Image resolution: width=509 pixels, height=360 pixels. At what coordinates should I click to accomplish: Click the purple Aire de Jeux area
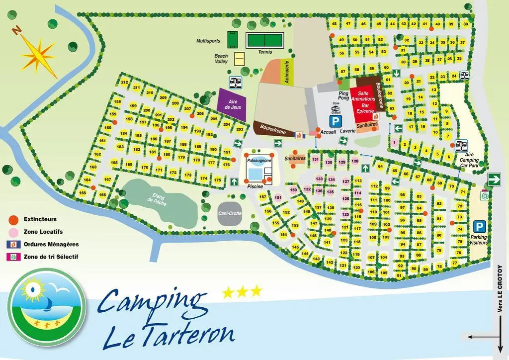click(233, 104)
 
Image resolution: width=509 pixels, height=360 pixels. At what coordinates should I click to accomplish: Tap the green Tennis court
click(265, 41)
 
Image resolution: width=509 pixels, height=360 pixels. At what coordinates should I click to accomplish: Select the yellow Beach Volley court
click(239, 59)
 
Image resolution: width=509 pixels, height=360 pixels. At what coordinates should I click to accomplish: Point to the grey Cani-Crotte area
click(230, 214)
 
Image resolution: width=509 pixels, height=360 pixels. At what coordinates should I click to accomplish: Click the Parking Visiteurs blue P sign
click(479, 227)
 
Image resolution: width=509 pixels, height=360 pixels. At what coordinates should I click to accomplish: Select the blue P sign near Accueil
click(335, 121)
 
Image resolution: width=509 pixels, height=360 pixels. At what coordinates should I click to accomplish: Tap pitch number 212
click(125, 82)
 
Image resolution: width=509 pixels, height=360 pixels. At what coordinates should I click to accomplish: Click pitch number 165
click(82, 193)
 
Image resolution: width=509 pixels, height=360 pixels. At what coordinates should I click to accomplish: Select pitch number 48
click(334, 24)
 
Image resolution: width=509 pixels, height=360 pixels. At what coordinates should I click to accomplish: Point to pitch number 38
click(466, 24)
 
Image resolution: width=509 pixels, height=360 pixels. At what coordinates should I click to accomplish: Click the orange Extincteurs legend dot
click(14, 220)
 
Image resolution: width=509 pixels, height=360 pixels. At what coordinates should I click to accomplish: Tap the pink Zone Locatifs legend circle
click(14, 232)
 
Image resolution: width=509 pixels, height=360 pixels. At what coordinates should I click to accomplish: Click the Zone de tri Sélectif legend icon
click(14, 257)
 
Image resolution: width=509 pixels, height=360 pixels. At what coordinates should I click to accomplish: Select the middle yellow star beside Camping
click(242, 292)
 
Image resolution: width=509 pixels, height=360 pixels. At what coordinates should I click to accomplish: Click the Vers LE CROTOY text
click(500, 289)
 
